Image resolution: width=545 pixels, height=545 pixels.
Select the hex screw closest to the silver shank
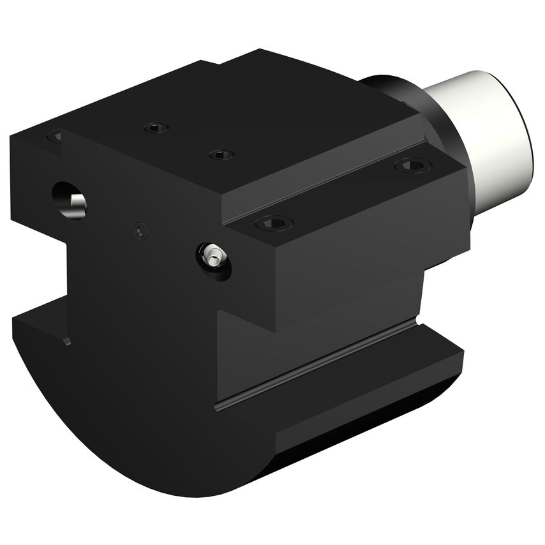(413, 166)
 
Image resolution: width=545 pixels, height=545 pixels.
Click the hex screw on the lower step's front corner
(274, 223)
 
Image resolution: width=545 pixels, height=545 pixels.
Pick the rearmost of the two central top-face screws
(155, 128)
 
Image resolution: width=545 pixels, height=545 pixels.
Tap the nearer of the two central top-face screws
(221, 154)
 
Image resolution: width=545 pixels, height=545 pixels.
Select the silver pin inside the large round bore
(78, 203)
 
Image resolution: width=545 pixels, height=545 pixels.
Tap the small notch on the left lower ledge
(66, 341)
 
